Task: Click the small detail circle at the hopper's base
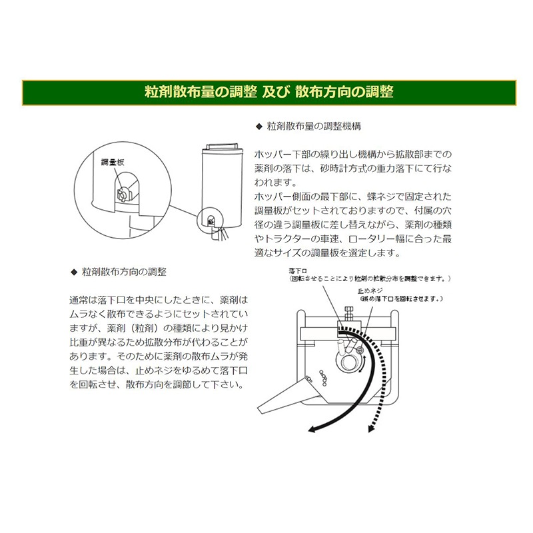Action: point(209,221)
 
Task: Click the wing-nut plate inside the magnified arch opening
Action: point(123,193)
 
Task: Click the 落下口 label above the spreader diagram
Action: point(298,270)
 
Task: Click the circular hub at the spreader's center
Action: point(348,364)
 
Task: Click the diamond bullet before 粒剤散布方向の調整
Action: point(74,272)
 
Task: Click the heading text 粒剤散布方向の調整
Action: point(123,272)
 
